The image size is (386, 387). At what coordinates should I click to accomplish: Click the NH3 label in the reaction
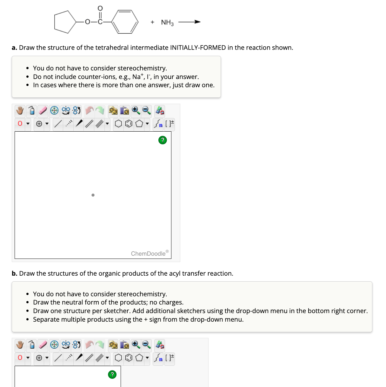[x=167, y=23]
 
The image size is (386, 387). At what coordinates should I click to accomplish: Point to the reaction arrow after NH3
[x=189, y=22]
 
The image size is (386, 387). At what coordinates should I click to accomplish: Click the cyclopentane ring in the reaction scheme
[x=64, y=22]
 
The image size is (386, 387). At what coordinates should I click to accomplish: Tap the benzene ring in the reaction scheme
[x=126, y=22]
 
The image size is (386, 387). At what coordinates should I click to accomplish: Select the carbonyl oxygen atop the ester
[x=100, y=8]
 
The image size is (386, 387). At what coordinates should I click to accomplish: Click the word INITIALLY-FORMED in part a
[x=198, y=48]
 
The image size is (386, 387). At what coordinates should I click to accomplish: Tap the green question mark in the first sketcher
[x=162, y=140]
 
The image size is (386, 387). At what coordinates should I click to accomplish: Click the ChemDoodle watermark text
[x=148, y=253]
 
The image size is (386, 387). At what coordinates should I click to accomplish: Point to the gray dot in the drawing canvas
[x=93, y=195]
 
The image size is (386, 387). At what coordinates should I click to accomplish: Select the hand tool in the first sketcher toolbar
[x=20, y=111]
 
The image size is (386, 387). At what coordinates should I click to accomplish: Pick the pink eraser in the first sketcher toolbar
[x=43, y=111]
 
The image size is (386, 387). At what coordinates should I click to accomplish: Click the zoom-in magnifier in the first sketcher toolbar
[x=136, y=110]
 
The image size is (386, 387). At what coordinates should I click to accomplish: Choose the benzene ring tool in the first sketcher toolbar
[x=129, y=124]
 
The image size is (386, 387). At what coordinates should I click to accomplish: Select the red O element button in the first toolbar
[x=20, y=124]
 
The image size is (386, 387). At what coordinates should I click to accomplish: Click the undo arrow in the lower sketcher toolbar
[x=90, y=344]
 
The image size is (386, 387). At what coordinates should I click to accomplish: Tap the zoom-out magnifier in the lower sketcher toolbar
[x=146, y=344]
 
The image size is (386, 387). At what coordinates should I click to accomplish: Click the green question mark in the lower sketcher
[x=112, y=374]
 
